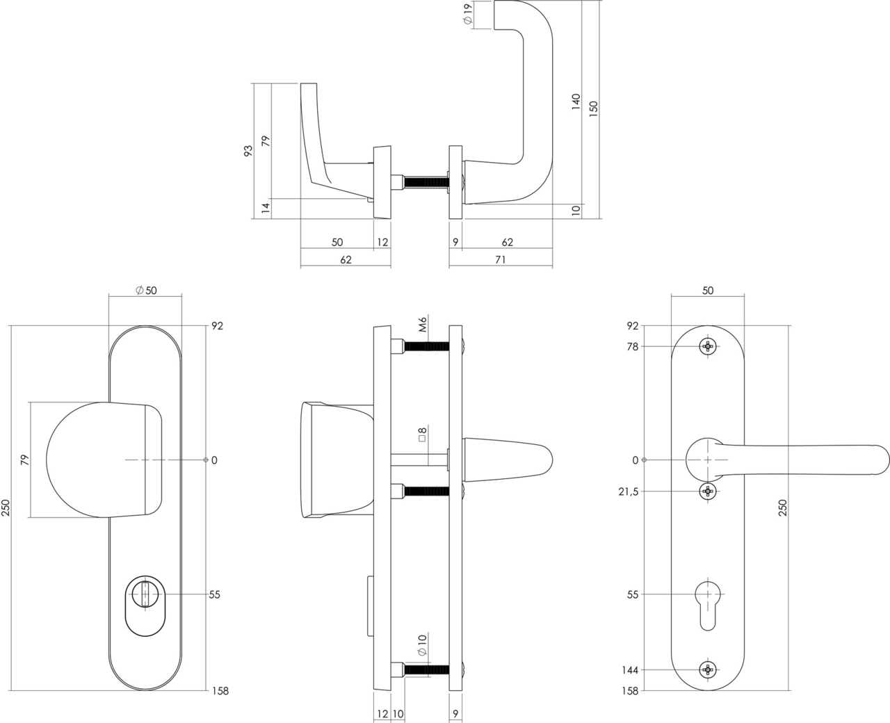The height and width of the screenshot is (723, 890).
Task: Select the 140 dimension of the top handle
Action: [x=575, y=102]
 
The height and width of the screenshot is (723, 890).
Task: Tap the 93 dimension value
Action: [x=248, y=152]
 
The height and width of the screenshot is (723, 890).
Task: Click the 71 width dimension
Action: [x=500, y=260]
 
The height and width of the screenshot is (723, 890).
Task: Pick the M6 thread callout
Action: [x=422, y=324]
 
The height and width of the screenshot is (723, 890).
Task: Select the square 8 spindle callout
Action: [x=422, y=437]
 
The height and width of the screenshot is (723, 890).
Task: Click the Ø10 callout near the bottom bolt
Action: [x=422, y=645]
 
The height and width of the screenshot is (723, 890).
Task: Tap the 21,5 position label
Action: [x=628, y=492]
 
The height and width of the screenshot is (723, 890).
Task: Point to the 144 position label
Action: [x=630, y=670]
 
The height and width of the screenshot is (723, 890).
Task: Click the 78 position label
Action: [x=632, y=346]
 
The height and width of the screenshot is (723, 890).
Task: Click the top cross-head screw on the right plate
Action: [x=708, y=346]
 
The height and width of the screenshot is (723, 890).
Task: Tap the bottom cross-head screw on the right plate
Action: [x=708, y=670]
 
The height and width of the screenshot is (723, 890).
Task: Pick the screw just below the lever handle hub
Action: [x=708, y=492]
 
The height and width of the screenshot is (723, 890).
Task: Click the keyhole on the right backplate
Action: [x=708, y=601]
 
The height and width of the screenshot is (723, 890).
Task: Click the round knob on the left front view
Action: [x=97, y=460]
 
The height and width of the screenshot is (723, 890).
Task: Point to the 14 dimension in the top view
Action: [x=265, y=208]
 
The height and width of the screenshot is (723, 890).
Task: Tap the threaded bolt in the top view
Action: [x=424, y=183]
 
